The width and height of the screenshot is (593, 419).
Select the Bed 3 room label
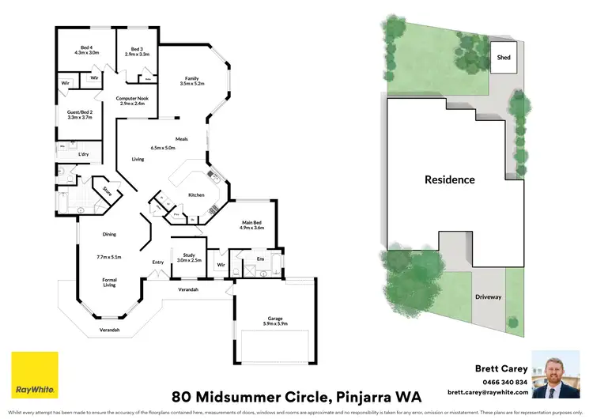click(138, 47)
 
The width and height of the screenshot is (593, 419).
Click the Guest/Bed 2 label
click(79, 112)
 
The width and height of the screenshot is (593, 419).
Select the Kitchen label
click(196, 194)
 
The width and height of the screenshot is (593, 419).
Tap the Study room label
click(188, 255)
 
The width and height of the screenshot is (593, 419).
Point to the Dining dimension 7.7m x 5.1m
click(109, 257)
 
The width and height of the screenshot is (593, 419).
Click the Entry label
click(157, 262)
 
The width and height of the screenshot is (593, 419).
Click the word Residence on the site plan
click(449, 179)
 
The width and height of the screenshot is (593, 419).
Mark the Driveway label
click(489, 297)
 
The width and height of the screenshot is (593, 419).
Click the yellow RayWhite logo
click(34, 373)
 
